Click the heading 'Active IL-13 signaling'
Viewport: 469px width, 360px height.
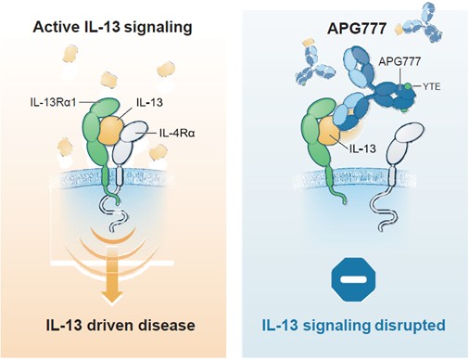click(x=112, y=27)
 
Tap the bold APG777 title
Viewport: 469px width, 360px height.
click(x=357, y=29)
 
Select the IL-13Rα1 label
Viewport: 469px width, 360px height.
click(x=53, y=102)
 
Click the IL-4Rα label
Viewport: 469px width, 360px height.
click(x=177, y=134)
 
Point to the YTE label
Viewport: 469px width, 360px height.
click(x=431, y=86)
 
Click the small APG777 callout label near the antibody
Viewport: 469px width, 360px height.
click(x=399, y=61)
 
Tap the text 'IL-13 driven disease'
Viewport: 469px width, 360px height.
click(x=120, y=326)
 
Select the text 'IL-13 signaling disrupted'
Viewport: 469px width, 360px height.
click(x=354, y=326)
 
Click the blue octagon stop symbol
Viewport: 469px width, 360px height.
click(x=354, y=279)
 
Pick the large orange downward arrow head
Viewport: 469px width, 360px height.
click(x=111, y=296)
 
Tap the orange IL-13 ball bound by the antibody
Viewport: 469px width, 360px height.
click(x=329, y=132)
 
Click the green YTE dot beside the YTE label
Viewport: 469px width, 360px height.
click(x=409, y=86)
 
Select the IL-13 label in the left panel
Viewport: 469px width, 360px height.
click(x=149, y=102)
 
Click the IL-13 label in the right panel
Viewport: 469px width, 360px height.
click(x=362, y=148)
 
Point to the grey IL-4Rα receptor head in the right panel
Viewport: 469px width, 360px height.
click(x=409, y=132)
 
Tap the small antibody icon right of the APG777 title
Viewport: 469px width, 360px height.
click(x=424, y=22)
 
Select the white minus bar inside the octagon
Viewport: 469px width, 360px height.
click(x=354, y=279)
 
